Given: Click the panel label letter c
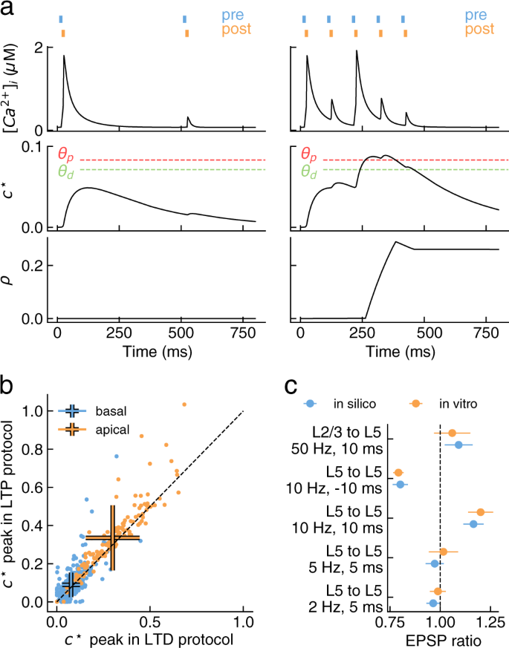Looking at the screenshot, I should click(292, 388).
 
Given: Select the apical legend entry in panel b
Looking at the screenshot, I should click(94, 429).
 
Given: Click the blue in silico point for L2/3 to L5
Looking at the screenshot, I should click(458, 445).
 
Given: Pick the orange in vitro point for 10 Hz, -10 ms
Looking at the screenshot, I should click(398, 473).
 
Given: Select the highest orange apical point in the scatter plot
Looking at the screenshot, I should click(184, 405).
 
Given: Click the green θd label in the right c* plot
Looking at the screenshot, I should click(309, 172).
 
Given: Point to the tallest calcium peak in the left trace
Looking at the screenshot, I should click(64, 56).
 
